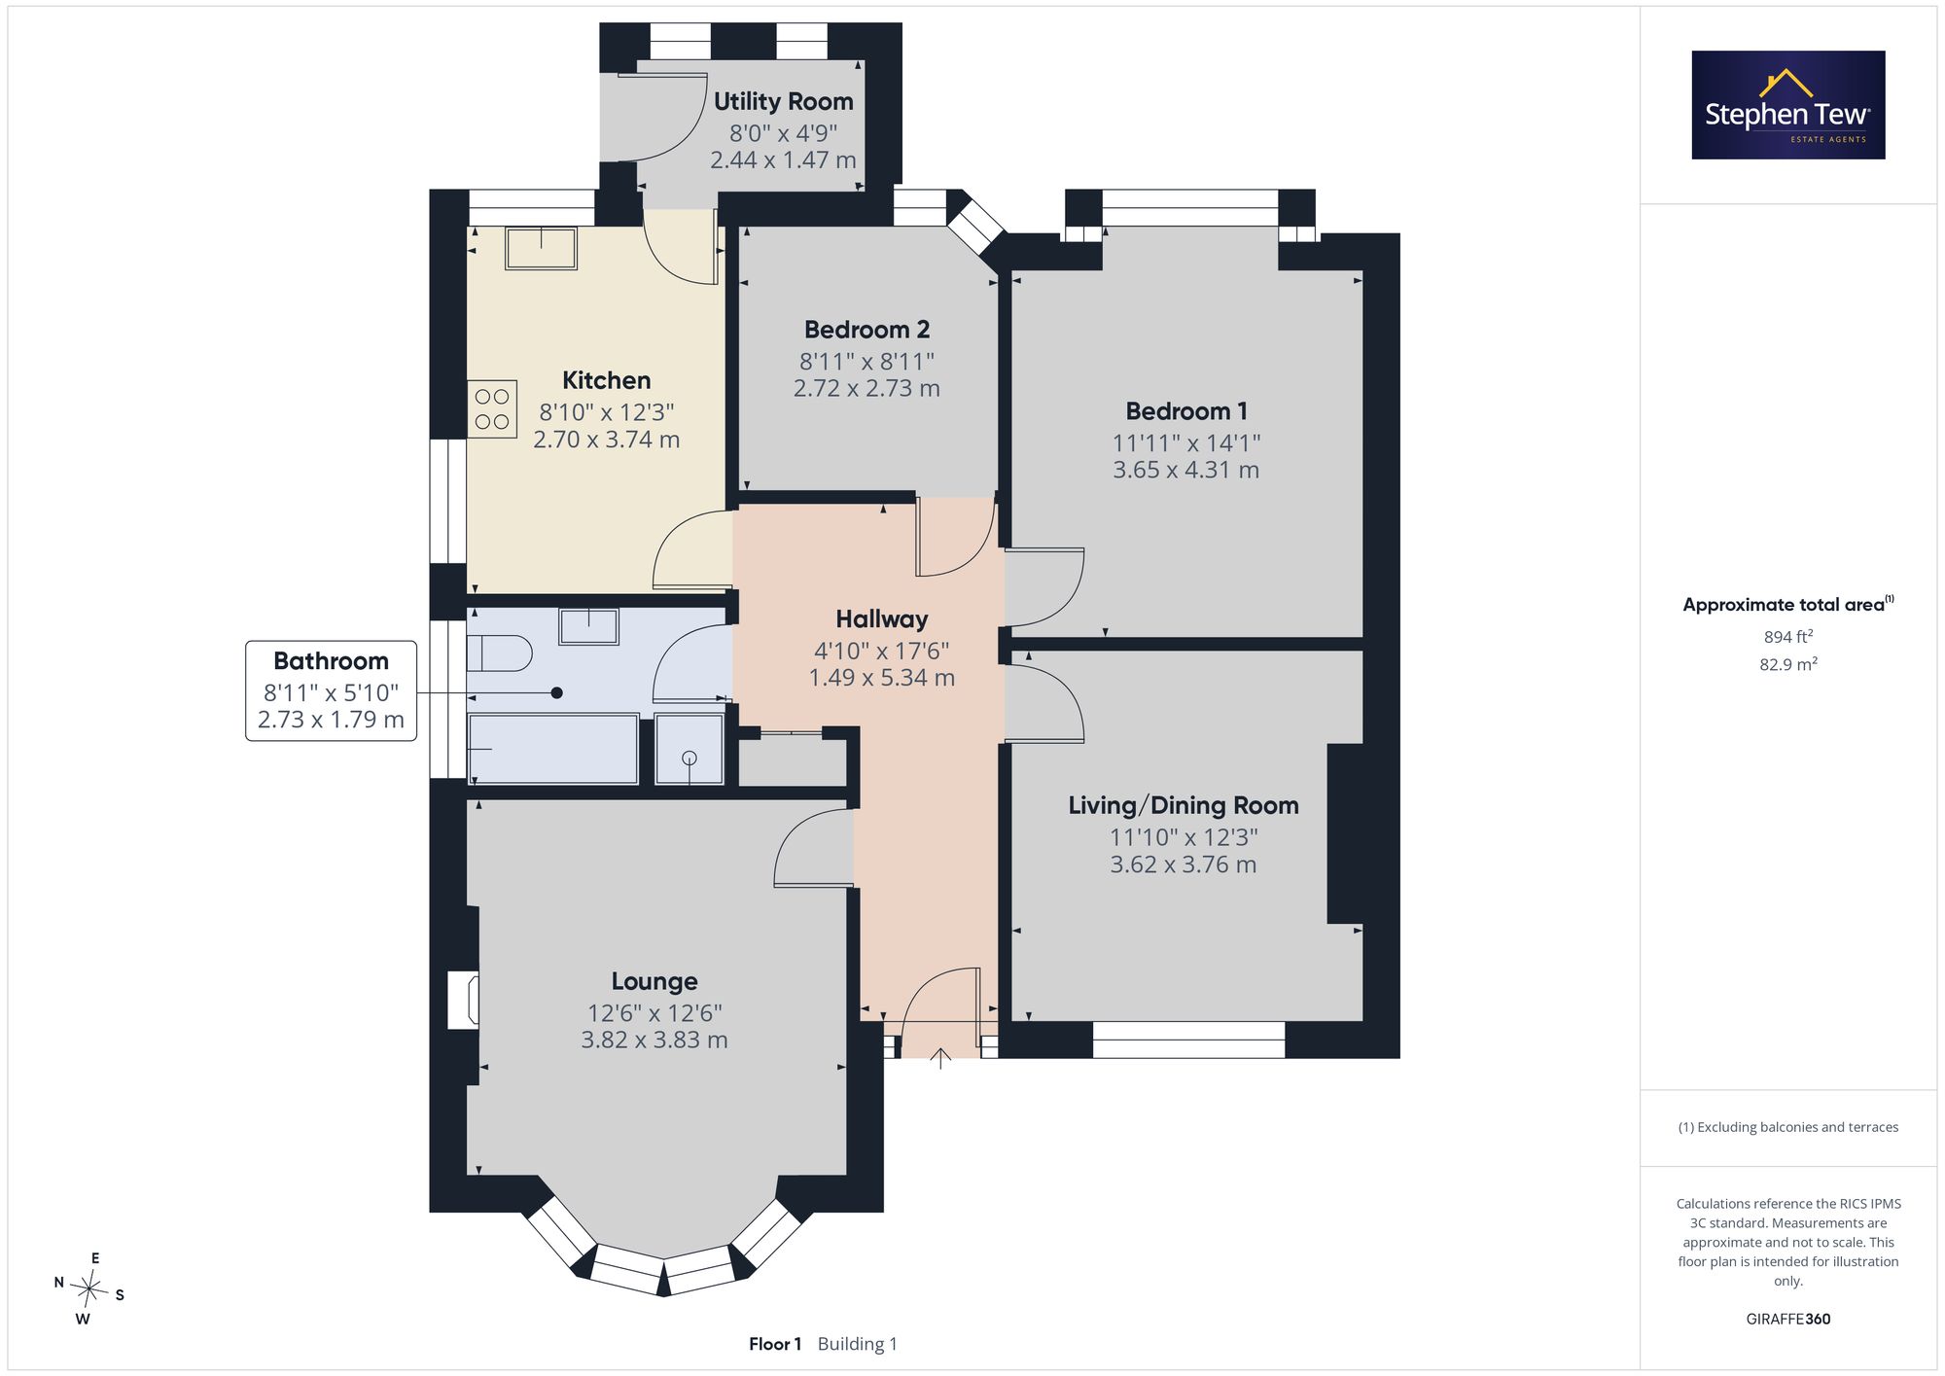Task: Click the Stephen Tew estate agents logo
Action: tap(1788, 105)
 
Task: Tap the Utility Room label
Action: tap(783, 101)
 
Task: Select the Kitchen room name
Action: tap(606, 380)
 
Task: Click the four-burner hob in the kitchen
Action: tap(492, 408)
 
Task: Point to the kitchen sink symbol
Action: tap(541, 248)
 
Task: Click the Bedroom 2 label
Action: tap(866, 330)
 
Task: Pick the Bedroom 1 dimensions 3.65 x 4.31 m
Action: tap(1185, 470)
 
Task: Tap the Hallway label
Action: tap(882, 618)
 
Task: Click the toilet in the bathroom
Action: tap(499, 653)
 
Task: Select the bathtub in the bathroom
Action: tap(553, 749)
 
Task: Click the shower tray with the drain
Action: tap(690, 749)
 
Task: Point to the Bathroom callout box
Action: tap(331, 690)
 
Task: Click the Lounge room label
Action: tap(654, 981)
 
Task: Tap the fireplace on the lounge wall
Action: tap(463, 1000)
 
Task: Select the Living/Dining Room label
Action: tap(1184, 805)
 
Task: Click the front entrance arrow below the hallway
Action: tap(940, 1059)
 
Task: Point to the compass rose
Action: tap(89, 1289)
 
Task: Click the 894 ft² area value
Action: tap(1788, 636)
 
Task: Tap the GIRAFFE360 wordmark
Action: tap(1788, 1320)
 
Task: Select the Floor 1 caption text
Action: tap(775, 1344)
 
